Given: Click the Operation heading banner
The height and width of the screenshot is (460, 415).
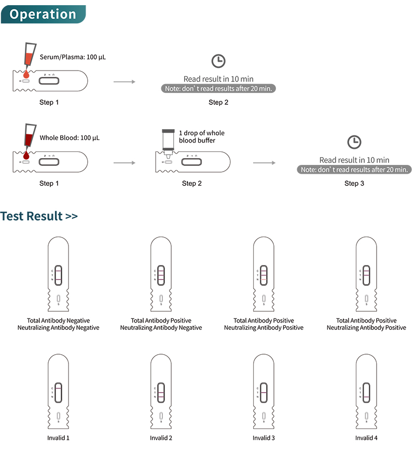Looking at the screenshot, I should pyautogui.click(x=43, y=14).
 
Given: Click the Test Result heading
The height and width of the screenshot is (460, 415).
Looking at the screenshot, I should pyautogui.click(x=39, y=216).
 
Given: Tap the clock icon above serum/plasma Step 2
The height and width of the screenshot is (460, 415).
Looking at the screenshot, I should pyautogui.click(x=218, y=61).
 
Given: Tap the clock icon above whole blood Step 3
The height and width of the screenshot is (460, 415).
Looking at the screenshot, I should pyautogui.click(x=354, y=142).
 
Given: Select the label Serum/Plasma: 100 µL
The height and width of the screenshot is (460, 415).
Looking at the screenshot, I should pyautogui.click(x=73, y=57).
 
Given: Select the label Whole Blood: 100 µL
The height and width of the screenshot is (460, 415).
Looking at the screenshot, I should pyautogui.click(x=70, y=138).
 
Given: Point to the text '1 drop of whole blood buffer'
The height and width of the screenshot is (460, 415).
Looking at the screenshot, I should pyautogui.click(x=202, y=137).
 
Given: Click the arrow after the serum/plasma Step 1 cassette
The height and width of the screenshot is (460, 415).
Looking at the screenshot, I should pyautogui.click(x=124, y=82).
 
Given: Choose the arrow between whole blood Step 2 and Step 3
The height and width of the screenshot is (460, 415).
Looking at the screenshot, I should pyautogui.click(x=264, y=163).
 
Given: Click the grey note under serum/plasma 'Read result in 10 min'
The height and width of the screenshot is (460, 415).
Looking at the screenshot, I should pyautogui.click(x=218, y=89).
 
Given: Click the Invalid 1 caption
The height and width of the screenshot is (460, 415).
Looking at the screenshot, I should pyautogui.click(x=58, y=438).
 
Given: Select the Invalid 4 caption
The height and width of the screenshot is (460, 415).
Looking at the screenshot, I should pyautogui.click(x=366, y=438).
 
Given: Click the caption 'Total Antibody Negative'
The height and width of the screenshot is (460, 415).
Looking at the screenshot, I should pyautogui.click(x=58, y=320).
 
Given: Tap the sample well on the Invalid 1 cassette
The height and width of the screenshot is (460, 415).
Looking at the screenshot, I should pyautogui.click(x=58, y=415).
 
